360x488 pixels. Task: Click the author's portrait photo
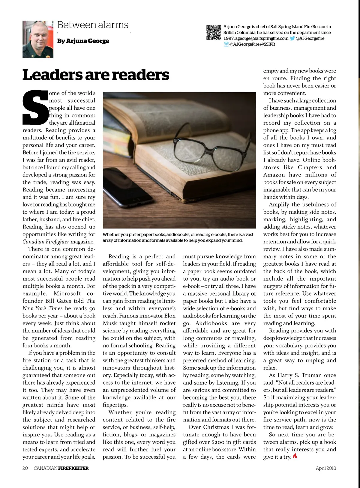tap(38, 39)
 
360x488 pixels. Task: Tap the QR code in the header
tap(214, 33)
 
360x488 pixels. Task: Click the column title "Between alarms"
tap(93, 25)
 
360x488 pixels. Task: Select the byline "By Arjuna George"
tap(83, 41)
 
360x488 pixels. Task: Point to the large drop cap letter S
tap(35, 108)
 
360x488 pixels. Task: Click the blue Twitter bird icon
tap(292, 38)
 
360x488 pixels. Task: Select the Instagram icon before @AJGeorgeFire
tap(226, 44)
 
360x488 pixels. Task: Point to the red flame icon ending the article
tap(295, 456)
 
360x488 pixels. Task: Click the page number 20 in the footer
tap(25, 468)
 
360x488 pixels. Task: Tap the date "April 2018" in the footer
tap(326, 468)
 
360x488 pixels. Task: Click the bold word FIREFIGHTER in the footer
tap(73, 468)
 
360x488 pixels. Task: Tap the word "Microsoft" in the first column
tap(67, 293)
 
